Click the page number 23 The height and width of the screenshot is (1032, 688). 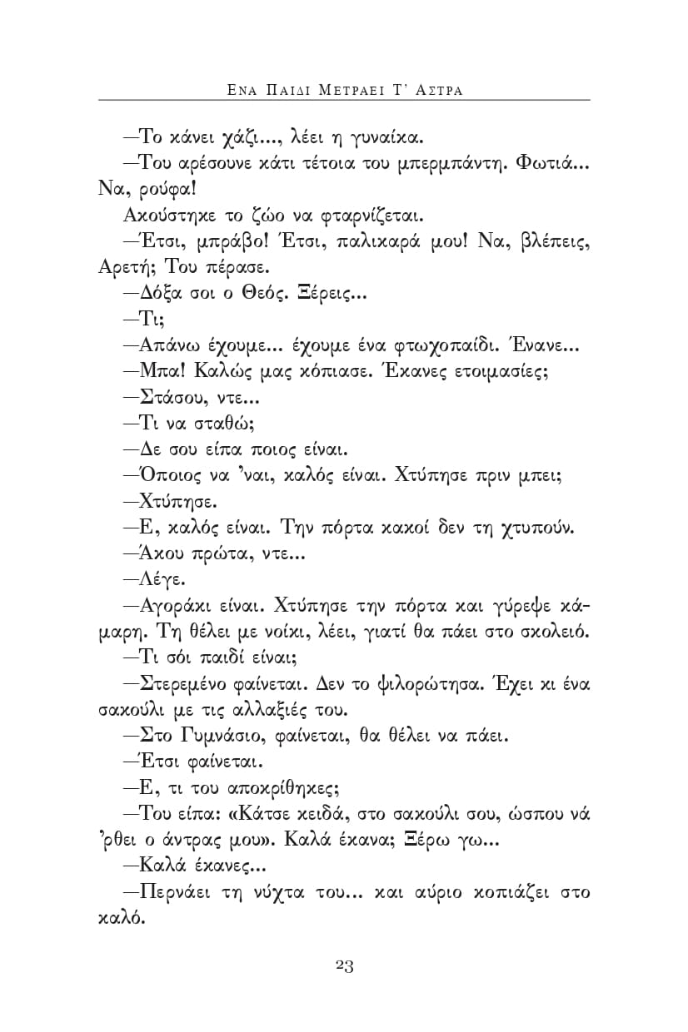[345, 965]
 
